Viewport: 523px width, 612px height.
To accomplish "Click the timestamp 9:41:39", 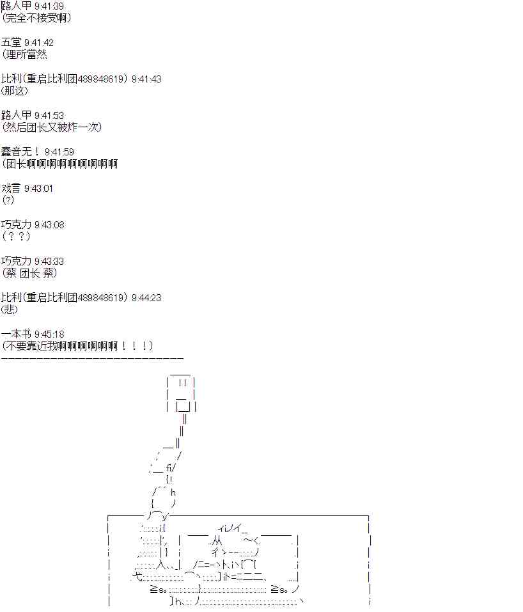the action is [49, 6].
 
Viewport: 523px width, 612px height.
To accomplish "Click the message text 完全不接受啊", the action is [36, 18].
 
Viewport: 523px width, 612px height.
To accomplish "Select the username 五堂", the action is [11, 42].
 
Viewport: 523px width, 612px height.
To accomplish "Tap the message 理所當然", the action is [27, 54].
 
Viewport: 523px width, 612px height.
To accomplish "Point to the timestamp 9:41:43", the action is [146, 79].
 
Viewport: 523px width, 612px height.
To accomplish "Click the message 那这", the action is [15, 91].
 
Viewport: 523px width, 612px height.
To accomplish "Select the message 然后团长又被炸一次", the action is [52, 127].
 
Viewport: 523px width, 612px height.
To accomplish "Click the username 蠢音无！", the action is [20, 152].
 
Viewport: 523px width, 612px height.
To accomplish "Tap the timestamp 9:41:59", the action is [59, 152].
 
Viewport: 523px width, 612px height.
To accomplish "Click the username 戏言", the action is [11, 188].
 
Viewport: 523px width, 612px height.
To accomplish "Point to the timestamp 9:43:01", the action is [38, 189].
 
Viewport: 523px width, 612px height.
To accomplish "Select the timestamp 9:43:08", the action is [49, 225].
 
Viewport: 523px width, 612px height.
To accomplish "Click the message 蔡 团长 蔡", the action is [29, 273].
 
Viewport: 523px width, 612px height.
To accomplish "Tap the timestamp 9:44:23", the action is [146, 298].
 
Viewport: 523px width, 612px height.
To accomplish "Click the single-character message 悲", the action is [10, 310].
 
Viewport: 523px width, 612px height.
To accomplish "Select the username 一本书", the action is [16, 334].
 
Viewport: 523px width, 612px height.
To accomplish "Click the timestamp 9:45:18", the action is [49, 334].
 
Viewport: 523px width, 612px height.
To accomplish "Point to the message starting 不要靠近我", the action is [77, 346].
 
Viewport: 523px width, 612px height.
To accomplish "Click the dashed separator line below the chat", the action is [92, 358].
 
